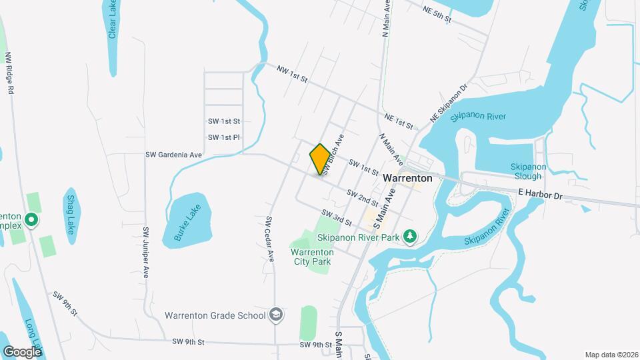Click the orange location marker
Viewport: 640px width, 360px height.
point(320,159)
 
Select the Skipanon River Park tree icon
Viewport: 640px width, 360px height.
point(412,236)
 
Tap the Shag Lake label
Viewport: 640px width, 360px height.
point(71,211)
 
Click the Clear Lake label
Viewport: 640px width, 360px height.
point(113,19)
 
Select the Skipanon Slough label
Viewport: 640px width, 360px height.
point(528,171)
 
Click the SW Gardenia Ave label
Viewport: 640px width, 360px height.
point(173,155)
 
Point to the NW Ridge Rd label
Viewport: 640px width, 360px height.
point(9,74)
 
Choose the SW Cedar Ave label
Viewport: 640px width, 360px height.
point(270,238)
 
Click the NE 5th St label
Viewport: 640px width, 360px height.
point(437,13)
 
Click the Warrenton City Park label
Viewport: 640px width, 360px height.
point(311,256)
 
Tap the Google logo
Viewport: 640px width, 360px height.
point(22,351)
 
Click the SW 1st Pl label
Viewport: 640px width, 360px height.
point(223,137)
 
